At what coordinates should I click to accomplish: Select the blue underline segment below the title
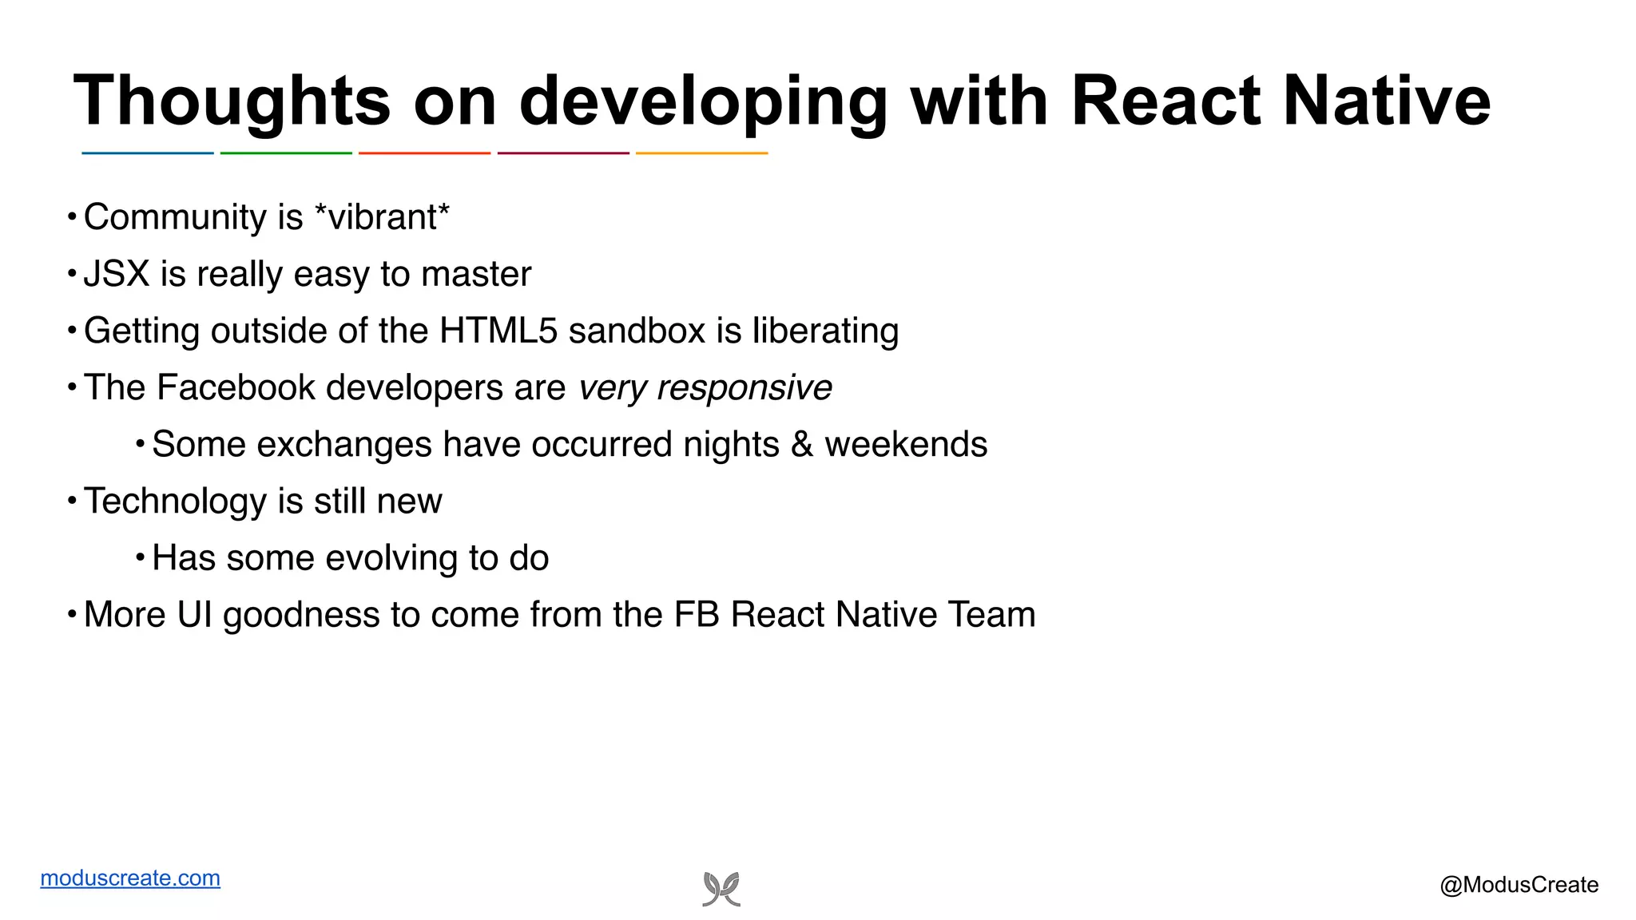[x=148, y=153]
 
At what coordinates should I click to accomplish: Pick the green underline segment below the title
[x=286, y=153]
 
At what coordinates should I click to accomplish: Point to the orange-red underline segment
[x=424, y=153]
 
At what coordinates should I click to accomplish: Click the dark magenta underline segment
[x=563, y=153]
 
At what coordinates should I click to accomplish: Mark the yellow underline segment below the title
[x=701, y=153]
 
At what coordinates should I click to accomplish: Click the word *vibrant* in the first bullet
[x=383, y=217]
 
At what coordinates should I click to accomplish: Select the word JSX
[x=117, y=274]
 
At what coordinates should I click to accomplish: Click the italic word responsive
[x=744, y=388]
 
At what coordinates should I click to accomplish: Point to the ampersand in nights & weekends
[x=802, y=444]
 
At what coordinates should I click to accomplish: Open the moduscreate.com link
[x=130, y=878]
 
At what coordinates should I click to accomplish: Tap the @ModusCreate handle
[x=1519, y=885]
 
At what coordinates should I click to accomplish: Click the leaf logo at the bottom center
[x=721, y=889]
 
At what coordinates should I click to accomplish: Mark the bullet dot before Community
[x=72, y=216]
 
